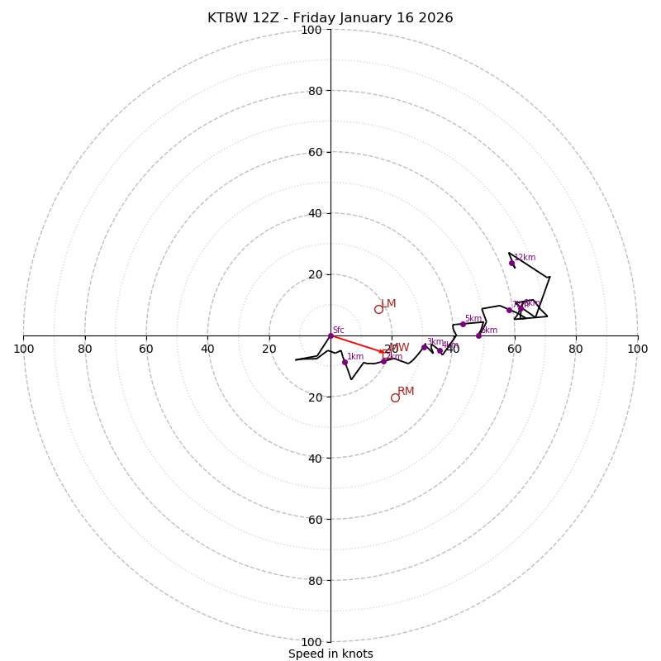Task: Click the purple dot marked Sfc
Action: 330,335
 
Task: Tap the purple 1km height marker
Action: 345,362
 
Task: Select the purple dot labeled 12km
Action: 511,264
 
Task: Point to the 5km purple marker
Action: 463,324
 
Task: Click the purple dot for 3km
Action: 425,347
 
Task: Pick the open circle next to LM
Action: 378,309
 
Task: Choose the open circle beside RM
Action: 395,397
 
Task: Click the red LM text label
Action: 388,304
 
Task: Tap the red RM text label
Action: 406,392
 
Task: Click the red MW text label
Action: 400,348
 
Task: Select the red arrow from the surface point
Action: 357,344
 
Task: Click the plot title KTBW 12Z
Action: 330,18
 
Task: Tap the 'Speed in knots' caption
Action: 330,654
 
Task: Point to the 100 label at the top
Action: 311,30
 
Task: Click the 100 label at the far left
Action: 24,349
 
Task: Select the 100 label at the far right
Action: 637,349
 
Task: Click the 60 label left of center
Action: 146,349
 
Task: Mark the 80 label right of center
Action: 576,349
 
